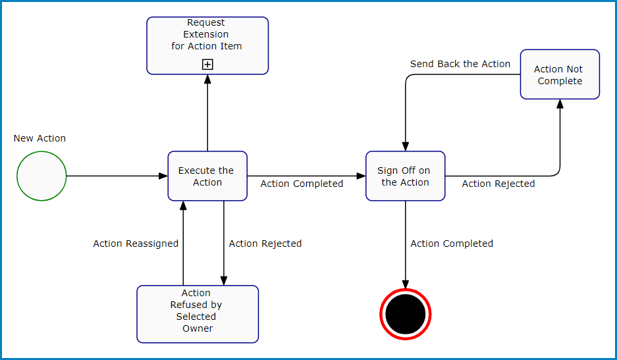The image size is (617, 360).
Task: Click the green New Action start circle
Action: (41, 176)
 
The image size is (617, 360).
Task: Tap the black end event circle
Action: (405, 315)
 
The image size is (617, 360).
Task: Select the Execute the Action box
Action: (207, 176)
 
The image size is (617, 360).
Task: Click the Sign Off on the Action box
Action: (405, 176)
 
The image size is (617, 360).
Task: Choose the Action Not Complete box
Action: (560, 74)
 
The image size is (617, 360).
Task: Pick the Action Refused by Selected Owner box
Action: (198, 314)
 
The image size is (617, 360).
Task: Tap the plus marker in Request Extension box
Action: (207, 64)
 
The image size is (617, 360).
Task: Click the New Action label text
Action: (40, 138)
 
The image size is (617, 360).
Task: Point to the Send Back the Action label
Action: (460, 64)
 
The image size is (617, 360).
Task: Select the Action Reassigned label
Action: (136, 244)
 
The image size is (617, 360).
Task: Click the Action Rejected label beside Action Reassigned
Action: (265, 244)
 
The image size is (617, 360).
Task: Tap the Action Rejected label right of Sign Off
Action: (498, 184)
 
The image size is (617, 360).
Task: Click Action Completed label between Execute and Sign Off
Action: (302, 184)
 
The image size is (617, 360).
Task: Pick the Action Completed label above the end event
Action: (452, 244)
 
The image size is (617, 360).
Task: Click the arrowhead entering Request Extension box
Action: (207, 79)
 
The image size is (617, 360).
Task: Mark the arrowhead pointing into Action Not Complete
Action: (560, 104)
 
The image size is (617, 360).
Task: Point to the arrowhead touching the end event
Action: (405, 284)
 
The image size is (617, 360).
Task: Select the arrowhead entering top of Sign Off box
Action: (405, 147)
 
